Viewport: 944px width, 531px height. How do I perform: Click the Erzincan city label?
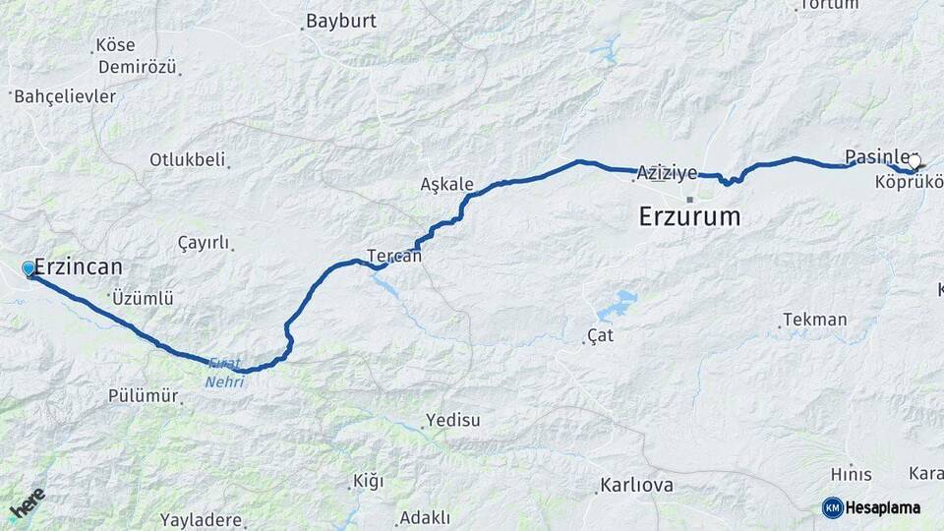79,266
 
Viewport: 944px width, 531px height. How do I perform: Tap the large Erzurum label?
689,216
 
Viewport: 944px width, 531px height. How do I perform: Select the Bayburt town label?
341,20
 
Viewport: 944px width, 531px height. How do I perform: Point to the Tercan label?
394,256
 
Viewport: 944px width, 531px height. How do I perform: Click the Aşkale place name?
446,184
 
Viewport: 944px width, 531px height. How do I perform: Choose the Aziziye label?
667,172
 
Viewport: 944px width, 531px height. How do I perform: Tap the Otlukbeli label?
187,159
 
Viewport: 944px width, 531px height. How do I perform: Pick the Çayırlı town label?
204,243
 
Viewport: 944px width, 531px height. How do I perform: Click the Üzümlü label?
143,297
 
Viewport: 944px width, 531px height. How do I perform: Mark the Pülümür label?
144,396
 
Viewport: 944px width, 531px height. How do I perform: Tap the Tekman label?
814,320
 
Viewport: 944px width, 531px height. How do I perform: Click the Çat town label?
600,337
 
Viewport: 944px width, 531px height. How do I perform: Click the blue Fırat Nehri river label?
223,373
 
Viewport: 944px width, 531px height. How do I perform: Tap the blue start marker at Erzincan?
29,268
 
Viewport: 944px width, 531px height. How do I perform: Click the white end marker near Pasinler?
914,162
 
